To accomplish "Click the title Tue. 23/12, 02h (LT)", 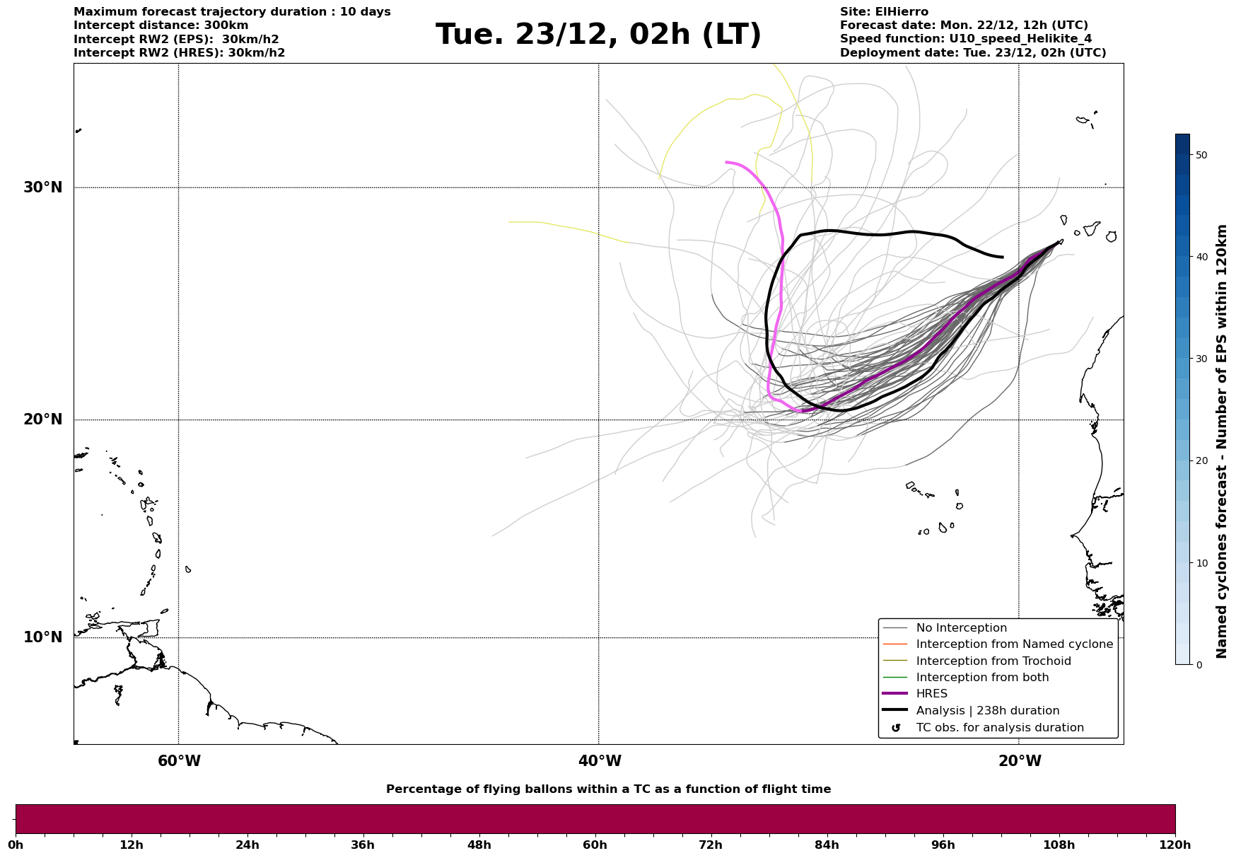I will click(598, 35).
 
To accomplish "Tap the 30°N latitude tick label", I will click(43, 187).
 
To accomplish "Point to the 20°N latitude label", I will click(43, 419).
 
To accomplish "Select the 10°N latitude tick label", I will click(43, 637).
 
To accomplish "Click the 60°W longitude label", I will click(179, 761).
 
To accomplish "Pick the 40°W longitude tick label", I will click(600, 761).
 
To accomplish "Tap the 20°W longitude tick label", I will click(1020, 761).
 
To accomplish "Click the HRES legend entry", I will click(931, 694).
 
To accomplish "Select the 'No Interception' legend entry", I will click(961, 628).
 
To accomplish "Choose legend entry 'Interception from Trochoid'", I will click(993, 661).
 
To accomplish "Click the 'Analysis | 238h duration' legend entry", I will click(987, 711).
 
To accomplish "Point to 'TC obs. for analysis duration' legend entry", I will click(999, 728).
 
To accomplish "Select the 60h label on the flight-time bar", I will click(595, 845).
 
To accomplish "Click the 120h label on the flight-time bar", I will click(1175, 845).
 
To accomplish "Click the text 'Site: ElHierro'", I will click(884, 12).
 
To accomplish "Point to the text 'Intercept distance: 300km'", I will click(161, 25).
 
